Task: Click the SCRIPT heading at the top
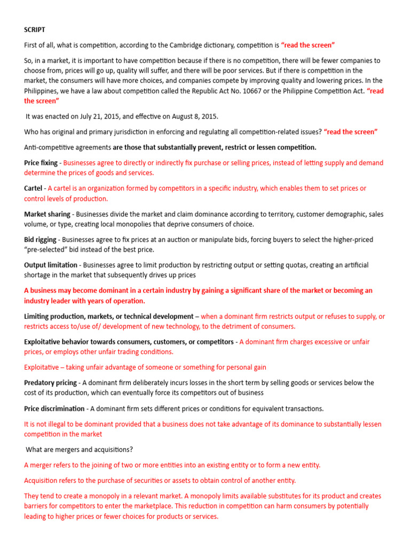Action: [34, 30]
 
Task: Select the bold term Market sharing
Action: [47, 214]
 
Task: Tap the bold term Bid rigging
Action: [40, 240]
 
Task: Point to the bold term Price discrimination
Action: [54, 409]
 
